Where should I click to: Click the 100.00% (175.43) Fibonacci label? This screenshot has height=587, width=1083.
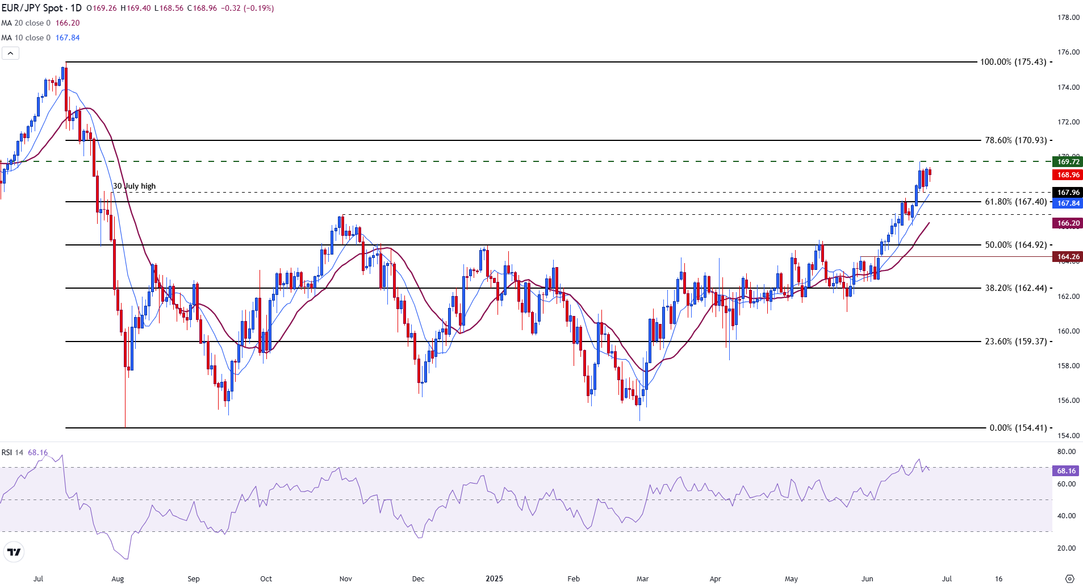[x=1013, y=62]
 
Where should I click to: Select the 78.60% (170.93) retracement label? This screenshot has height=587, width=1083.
[x=1015, y=140]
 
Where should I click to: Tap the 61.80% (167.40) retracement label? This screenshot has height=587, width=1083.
[x=1015, y=202]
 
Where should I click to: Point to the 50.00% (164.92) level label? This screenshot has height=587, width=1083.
[x=1015, y=245]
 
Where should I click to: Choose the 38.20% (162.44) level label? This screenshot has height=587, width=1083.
[x=1015, y=288]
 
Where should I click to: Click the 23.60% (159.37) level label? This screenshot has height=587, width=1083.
[x=1015, y=342]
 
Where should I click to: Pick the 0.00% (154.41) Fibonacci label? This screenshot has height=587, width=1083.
[x=1018, y=428]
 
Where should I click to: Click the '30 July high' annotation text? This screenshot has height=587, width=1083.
[x=134, y=186]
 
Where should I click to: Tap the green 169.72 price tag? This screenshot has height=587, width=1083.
[x=1068, y=162]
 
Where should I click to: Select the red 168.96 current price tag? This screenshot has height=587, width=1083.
[x=1068, y=175]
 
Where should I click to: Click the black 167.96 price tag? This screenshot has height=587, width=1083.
[x=1068, y=193]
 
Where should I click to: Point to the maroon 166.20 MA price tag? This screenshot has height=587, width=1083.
[x=1068, y=223]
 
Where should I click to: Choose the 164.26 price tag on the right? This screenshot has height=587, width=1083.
[x=1068, y=257]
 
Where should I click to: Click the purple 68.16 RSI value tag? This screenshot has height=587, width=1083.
[x=1066, y=471]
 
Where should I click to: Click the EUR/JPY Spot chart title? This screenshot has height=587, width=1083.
[x=41, y=9]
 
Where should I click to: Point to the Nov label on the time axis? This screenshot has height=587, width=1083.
[x=345, y=579]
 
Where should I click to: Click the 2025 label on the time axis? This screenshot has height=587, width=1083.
[x=494, y=579]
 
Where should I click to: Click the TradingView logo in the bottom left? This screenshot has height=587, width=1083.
[x=14, y=552]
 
